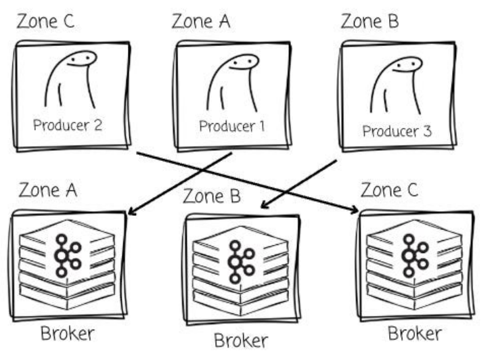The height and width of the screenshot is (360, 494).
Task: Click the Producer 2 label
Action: tap(67, 126)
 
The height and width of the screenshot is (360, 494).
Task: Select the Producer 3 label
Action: tap(397, 131)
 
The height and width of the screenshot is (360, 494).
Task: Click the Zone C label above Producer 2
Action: tap(46, 21)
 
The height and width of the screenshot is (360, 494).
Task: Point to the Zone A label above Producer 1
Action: tap(201, 21)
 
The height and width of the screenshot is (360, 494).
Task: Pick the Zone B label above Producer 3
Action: tap(369, 21)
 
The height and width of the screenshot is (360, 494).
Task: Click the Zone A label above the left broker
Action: tap(48, 189)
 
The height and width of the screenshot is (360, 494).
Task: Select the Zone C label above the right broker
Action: tap(390, 189)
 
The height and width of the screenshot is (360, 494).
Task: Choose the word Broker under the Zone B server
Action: tap(241, 340)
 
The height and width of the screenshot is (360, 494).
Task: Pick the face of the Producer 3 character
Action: tap(405, 66)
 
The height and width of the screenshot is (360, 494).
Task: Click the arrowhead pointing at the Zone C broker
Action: tap(355, 212)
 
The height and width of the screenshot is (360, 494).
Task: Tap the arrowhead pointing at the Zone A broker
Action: tap(131, 212)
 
